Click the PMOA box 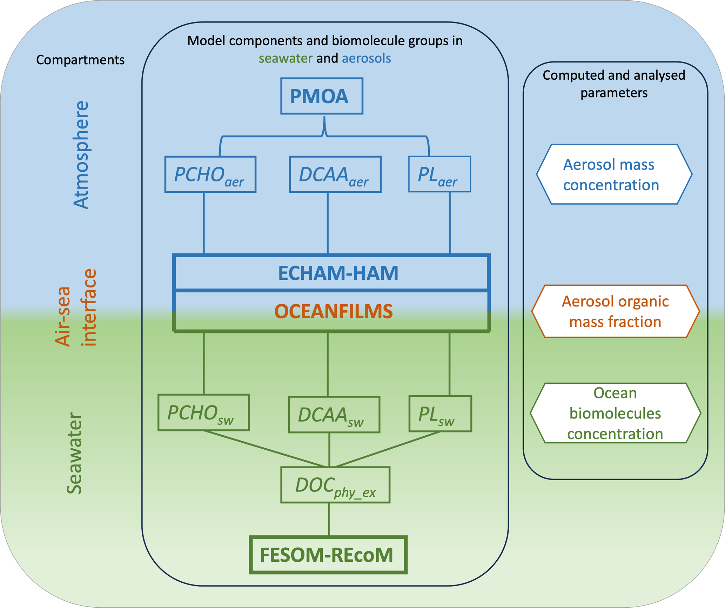pyautogui.click(x=322, y=96)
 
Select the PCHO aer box pyautogui.click(x=210, y=174)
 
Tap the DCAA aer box pyautogui.click(x=335, y=174)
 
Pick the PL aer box pyautogui.click(x=439, y=174)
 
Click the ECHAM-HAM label pyautogui.click(x=338, y=273)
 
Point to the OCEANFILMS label pyautogui.click(x=333, y=311)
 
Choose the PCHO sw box pyautogui.click(x=203, y=412)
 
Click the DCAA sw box pyautogui.click(x=334, y=415)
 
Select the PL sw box pyautogui.click(x=440, y=414)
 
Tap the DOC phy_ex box pyautogui.click(x=335, y=485)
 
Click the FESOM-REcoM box pyautogui.click(x=328, y=555)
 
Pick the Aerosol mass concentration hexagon pyautogui.click(x=614, y=174)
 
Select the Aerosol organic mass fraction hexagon pyautogui.click(x=616, y=311)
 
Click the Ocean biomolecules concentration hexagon pyautogui.click(x=616, y=413)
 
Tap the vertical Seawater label pyautogui.click(x=74, y=453)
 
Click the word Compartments pyautogui.click(x=80, y=60)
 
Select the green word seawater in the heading pyautogui.click(x=286, y=58)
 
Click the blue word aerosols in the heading pyautogui.click(x=366, y=58)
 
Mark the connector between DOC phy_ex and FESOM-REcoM pyautogui.click(x=329, y=520)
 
